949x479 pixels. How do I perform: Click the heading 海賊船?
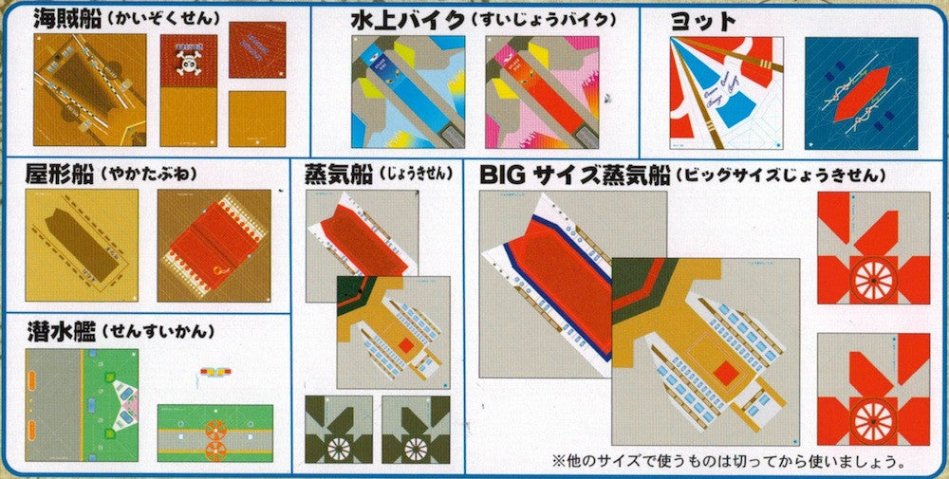(65, 18)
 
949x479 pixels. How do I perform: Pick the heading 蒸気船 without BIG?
(338, 174)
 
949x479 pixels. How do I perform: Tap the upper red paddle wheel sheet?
(873, 248)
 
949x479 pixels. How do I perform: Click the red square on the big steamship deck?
(726, 374)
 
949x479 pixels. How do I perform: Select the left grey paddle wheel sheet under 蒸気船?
(337, 430)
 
